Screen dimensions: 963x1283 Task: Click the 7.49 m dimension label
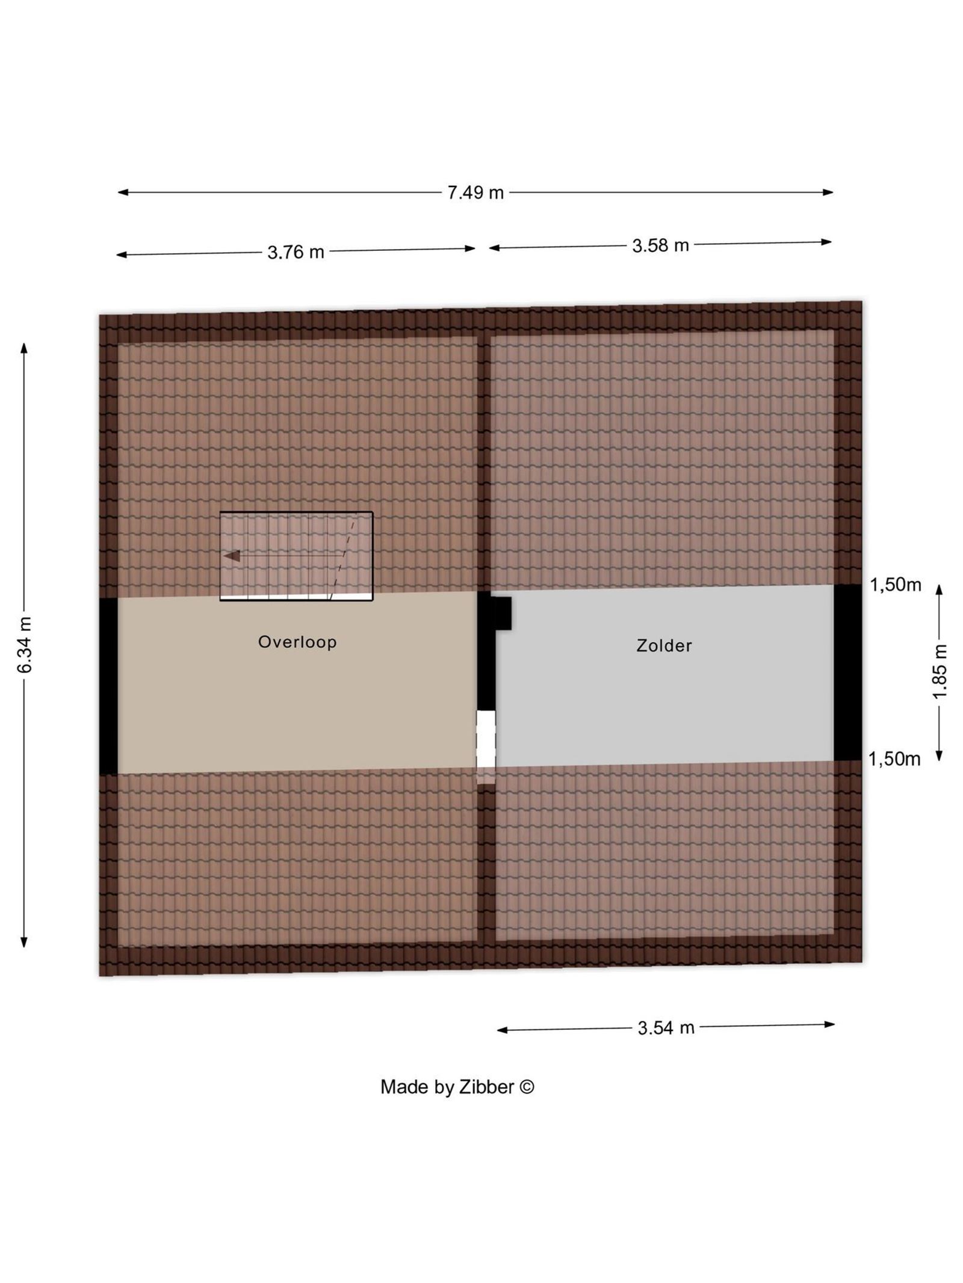475,192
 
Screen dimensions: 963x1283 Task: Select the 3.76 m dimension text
296,252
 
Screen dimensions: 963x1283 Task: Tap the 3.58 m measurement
660,245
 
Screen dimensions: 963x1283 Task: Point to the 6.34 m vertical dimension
25,645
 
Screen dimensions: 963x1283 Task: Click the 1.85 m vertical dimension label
940,671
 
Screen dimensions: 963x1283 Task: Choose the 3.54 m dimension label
666,1027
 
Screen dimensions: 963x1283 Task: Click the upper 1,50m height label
895,585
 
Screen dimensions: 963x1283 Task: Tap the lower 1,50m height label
894,759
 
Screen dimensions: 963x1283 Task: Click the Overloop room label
297,642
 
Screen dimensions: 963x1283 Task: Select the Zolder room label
664,645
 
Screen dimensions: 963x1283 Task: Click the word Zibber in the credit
486,1087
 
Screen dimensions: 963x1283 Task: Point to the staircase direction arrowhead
232,556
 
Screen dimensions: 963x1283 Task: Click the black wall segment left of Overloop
108,686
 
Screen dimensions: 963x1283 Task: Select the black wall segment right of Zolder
847,672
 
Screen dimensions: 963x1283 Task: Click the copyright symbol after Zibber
527,1086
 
